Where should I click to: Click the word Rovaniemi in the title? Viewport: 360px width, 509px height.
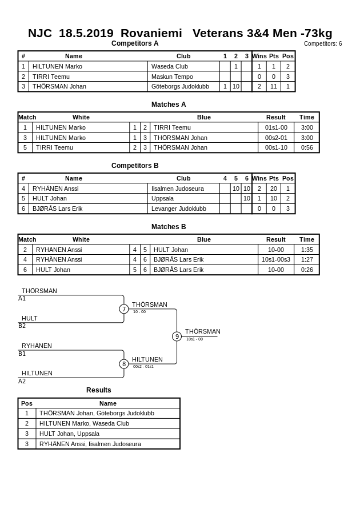point(151,33)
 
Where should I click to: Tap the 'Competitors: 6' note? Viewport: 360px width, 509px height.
point(323,43)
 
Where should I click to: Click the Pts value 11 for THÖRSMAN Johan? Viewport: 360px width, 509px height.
point(274,87)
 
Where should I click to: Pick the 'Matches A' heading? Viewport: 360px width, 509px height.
point(169,105)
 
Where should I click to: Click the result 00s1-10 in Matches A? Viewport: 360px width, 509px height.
point(276,147)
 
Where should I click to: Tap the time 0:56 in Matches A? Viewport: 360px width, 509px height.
point(307,147)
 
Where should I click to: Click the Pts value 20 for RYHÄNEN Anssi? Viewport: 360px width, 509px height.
point(274,189)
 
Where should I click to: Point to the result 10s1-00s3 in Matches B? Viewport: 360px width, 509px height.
point(276,259)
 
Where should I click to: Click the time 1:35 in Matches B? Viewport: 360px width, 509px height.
point(307,250)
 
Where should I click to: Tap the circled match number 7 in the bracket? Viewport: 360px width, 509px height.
point(124,309)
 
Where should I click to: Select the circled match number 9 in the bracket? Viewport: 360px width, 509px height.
point(177,336)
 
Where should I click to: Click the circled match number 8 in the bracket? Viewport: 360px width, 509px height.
point(124,364)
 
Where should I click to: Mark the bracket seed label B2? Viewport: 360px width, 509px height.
point(22,326)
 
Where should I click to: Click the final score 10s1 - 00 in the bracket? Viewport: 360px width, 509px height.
point(194,339)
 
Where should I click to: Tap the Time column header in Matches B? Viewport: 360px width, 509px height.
point(307,239)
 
